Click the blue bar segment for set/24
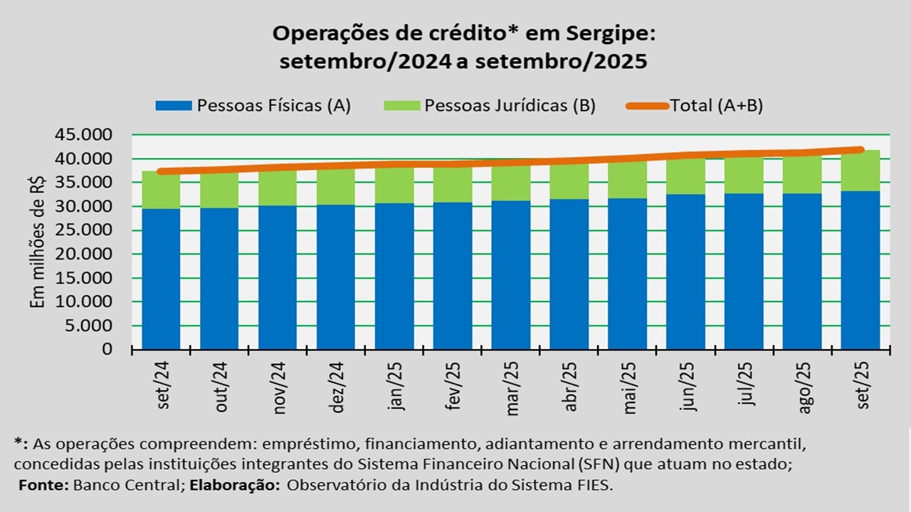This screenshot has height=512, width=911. pos(161,279)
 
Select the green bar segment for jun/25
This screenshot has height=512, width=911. pos(685,177)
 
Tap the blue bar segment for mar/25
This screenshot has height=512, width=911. pos(510,275)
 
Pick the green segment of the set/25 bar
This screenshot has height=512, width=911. pos(860,171)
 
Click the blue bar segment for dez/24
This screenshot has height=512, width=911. pos(335,277)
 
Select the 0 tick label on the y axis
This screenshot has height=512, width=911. pos(107,349)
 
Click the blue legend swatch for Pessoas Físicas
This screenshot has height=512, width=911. pos(173,106)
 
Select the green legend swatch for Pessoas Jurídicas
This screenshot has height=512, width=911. pos(402,106)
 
